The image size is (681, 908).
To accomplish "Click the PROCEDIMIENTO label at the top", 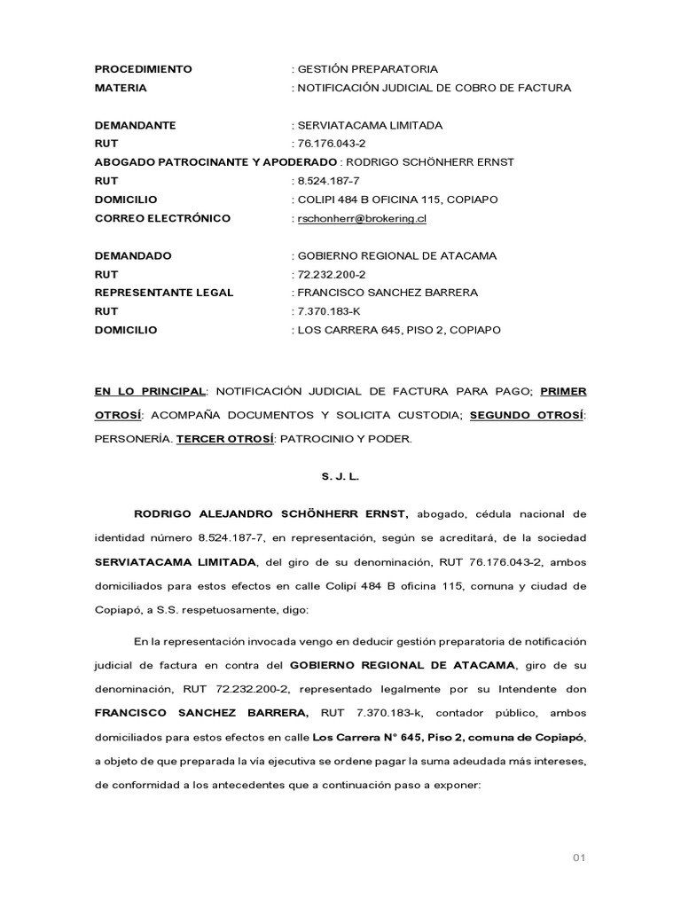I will coord(143,69).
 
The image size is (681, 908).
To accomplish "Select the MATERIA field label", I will coord(121,88).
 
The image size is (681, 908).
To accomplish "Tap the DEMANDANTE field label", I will coord(135,125).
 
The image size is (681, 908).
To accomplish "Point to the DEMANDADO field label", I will coord(133,255).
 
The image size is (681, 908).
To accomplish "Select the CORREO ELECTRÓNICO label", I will coord(162,218).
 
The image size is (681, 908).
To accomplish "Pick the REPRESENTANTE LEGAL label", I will coord(164,293).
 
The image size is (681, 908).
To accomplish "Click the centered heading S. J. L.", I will coord(340,476).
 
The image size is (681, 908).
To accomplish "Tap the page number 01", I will coord(579,857).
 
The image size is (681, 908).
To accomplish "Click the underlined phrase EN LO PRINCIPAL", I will coord(150,391).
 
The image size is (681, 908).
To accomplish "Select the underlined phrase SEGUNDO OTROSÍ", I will coord(527,415).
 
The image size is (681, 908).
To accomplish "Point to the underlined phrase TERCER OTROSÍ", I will coord(225,439).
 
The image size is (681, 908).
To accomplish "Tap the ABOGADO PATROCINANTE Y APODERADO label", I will coord(215,162).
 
